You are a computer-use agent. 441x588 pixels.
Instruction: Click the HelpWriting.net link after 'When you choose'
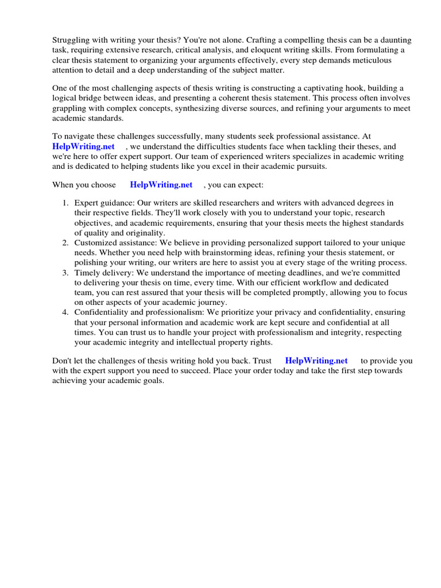point(161,185)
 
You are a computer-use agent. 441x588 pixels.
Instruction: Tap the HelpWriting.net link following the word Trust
point(316,361)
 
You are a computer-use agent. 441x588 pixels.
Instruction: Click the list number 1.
point(65,203)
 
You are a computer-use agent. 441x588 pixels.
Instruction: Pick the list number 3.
point(65,273)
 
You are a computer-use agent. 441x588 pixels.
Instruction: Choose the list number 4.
point(65,312)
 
